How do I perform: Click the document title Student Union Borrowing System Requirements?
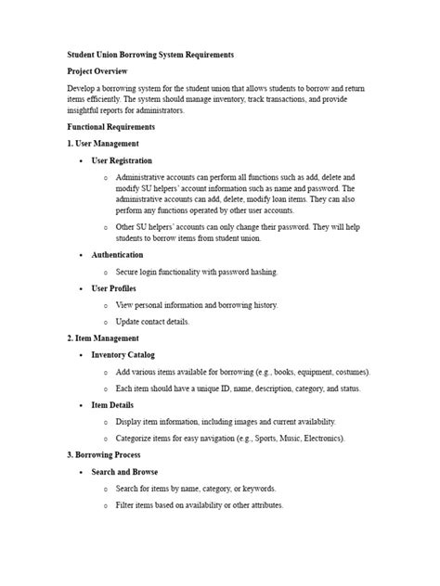point(150,56)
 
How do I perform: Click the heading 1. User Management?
point(103,144)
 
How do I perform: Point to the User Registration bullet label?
point(122,160)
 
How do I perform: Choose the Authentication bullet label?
point(117,254)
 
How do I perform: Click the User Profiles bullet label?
point(113,288)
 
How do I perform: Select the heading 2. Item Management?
point(103,338)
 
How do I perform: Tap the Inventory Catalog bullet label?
point(123,355)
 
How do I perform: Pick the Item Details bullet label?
point(112,405)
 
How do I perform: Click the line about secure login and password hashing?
point(196,272)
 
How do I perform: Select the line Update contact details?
point(152,322)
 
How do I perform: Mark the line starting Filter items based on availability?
point(200,505)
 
